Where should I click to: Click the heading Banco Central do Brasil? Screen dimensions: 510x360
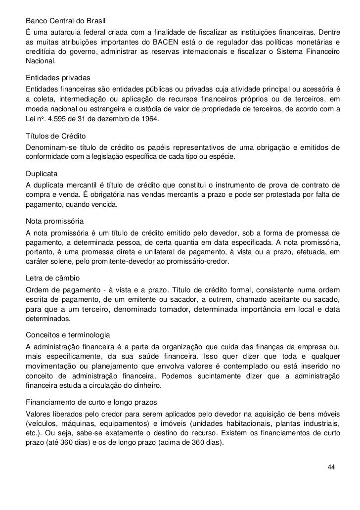(x=66, y=22)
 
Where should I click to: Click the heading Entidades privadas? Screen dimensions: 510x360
(x=56, y=79)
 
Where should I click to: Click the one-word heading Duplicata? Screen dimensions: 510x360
(x=42, y=174)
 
